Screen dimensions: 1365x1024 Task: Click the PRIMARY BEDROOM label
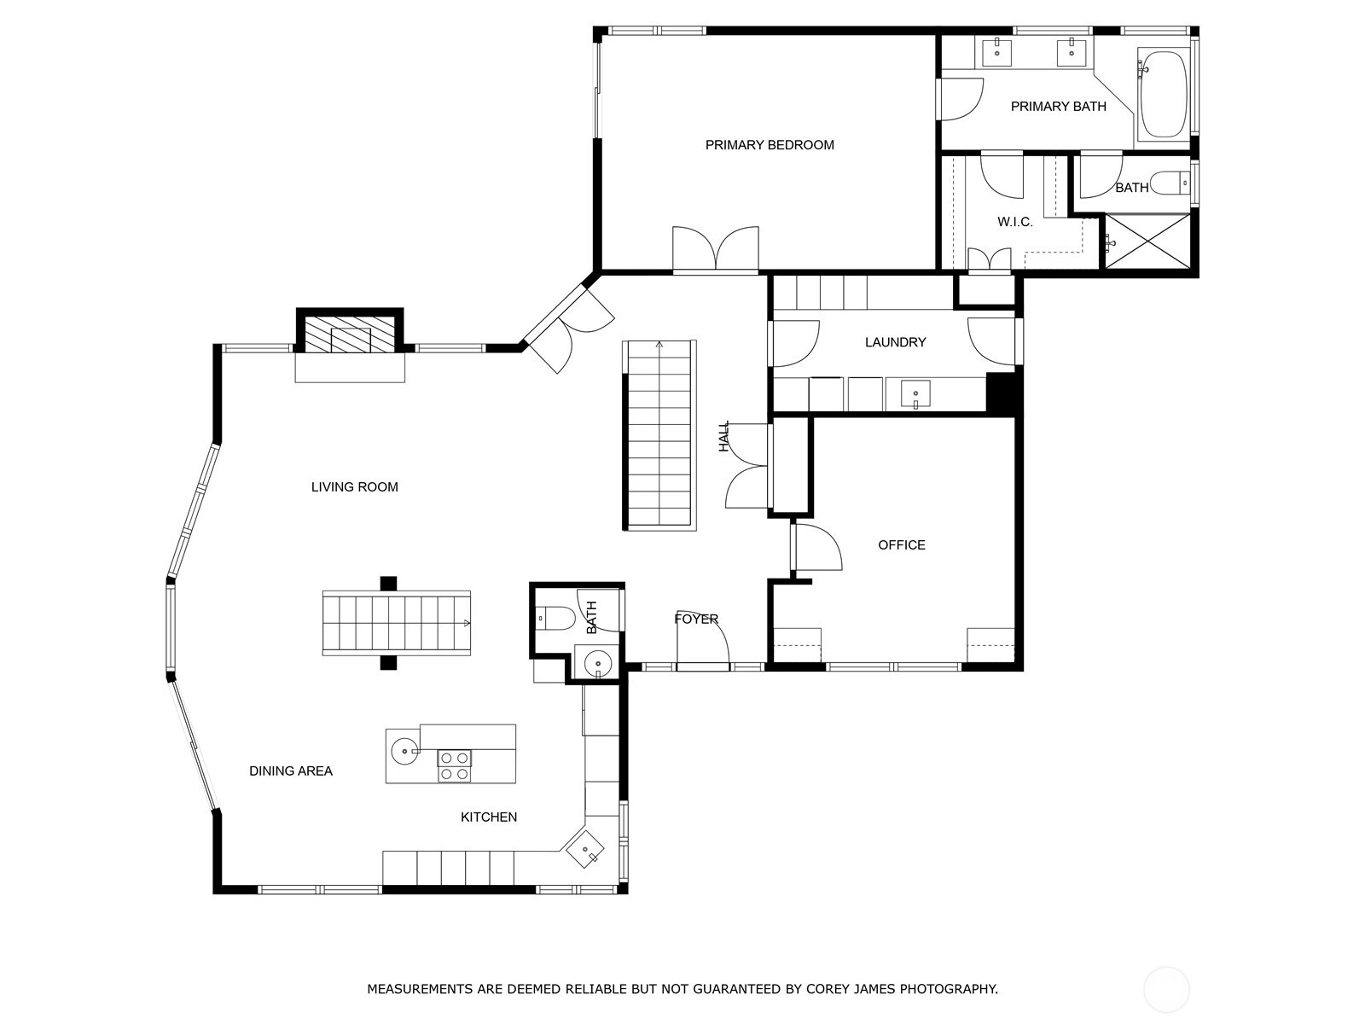770,145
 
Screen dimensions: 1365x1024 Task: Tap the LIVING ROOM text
354,486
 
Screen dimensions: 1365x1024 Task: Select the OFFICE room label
902,544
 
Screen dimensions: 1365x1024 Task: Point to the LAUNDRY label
896,342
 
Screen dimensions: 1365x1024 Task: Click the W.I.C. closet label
1015,222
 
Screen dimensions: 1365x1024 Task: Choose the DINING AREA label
291,771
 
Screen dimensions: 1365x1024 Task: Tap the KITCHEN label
489,817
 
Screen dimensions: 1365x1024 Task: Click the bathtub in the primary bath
1164,94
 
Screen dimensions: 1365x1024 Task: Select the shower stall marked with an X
1147,241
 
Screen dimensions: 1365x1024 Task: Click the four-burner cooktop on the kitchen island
455,765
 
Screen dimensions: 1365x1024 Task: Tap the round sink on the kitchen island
404,751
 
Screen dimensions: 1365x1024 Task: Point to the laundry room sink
915,394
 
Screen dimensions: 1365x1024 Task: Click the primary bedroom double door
716,248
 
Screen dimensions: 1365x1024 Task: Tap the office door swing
817,547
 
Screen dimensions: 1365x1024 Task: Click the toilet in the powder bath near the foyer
555,619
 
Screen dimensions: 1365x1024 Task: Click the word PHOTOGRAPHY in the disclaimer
949,988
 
